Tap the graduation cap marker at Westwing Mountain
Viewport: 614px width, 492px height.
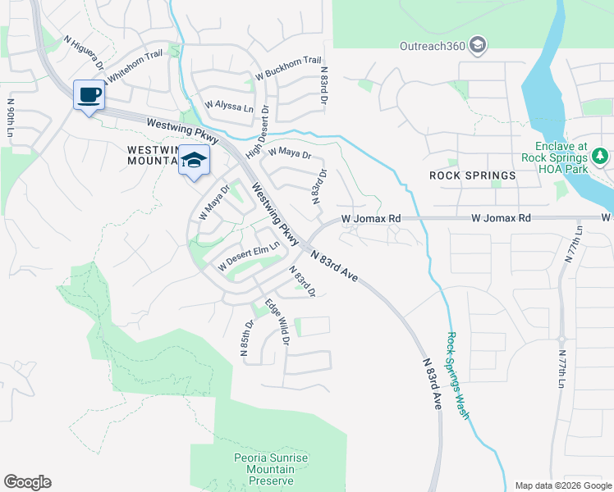click(195, 160)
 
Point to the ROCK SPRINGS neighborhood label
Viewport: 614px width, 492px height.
click(473, 175)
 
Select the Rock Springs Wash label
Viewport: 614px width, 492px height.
click(457, 376)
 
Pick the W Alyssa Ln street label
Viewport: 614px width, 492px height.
click(229, 105)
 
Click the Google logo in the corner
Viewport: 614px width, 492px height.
click(27, 482)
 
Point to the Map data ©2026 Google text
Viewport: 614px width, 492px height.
click(562, 485)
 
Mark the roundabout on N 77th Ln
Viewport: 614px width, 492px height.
click(561, 338)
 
